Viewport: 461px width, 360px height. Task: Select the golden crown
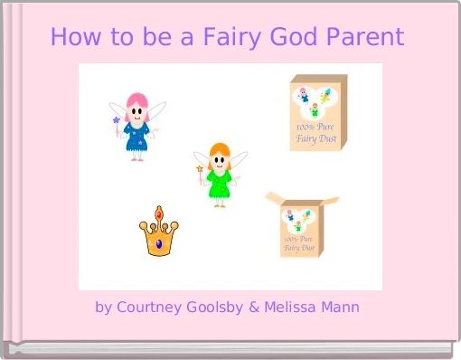(158, 232)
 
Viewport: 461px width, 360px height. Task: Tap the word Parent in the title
(365, 38)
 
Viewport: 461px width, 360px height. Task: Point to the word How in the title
(72, 38)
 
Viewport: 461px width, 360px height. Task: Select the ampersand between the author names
(254, 308)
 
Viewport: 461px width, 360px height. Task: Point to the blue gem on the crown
(159, 242)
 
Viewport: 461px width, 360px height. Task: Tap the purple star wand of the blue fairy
(115, 119)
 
